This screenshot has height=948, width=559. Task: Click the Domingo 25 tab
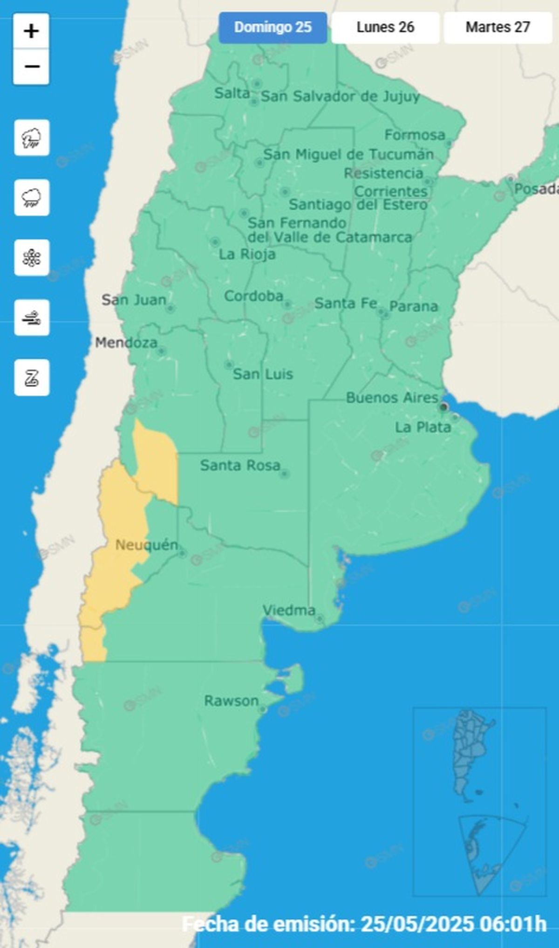click(273, 27)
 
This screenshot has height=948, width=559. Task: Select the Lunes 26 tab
click(385, 27)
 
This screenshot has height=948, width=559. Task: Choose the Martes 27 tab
click(498, 27)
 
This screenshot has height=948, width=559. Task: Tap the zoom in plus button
click(31, 31)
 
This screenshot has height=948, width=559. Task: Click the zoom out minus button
click(31, 67)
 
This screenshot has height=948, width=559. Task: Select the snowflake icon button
click(32, 258)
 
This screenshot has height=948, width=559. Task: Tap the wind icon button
click(32, 318)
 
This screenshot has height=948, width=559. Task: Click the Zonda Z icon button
click(32, 378)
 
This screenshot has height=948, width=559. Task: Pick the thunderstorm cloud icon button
click(32, 137)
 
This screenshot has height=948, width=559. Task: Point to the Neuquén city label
click(146, 544)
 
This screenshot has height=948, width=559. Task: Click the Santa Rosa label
click(240, 465)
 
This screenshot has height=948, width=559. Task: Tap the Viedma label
click(289, 610)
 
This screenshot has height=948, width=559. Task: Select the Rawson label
click(231, 701)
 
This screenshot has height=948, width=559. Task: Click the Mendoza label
click(126, 343)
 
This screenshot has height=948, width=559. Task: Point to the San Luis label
click(263, 374)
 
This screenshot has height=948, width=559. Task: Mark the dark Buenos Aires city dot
click(443, 407)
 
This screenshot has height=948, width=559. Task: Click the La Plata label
click(423, 427)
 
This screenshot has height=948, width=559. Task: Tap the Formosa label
click(415, 135)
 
